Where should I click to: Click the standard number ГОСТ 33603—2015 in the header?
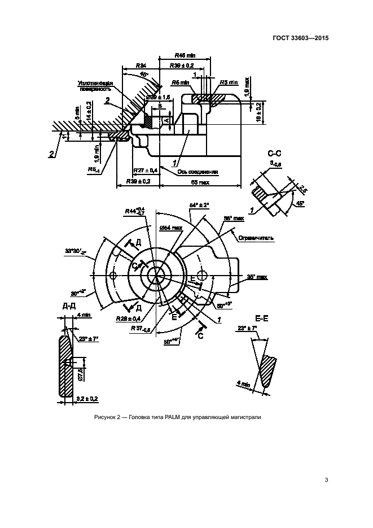point(301,38)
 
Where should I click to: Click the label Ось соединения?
point(198,172)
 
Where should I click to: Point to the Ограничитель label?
point(256,238)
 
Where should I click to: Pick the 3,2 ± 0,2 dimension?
point(86,399)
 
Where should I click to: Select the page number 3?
point(326,480)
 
